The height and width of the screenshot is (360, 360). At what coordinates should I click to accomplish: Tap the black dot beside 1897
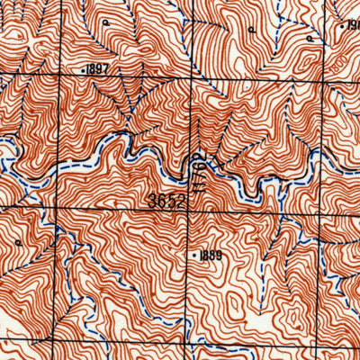84,69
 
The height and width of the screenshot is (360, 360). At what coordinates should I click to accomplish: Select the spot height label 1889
211,256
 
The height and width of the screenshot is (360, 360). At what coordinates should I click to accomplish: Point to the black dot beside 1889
194,256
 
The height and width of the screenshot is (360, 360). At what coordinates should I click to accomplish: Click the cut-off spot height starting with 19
352,25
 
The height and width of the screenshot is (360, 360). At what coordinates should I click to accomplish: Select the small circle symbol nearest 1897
104,20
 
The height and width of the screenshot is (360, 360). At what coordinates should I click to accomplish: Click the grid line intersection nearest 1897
58,79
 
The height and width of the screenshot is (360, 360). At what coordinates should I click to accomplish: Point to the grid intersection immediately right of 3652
192,207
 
